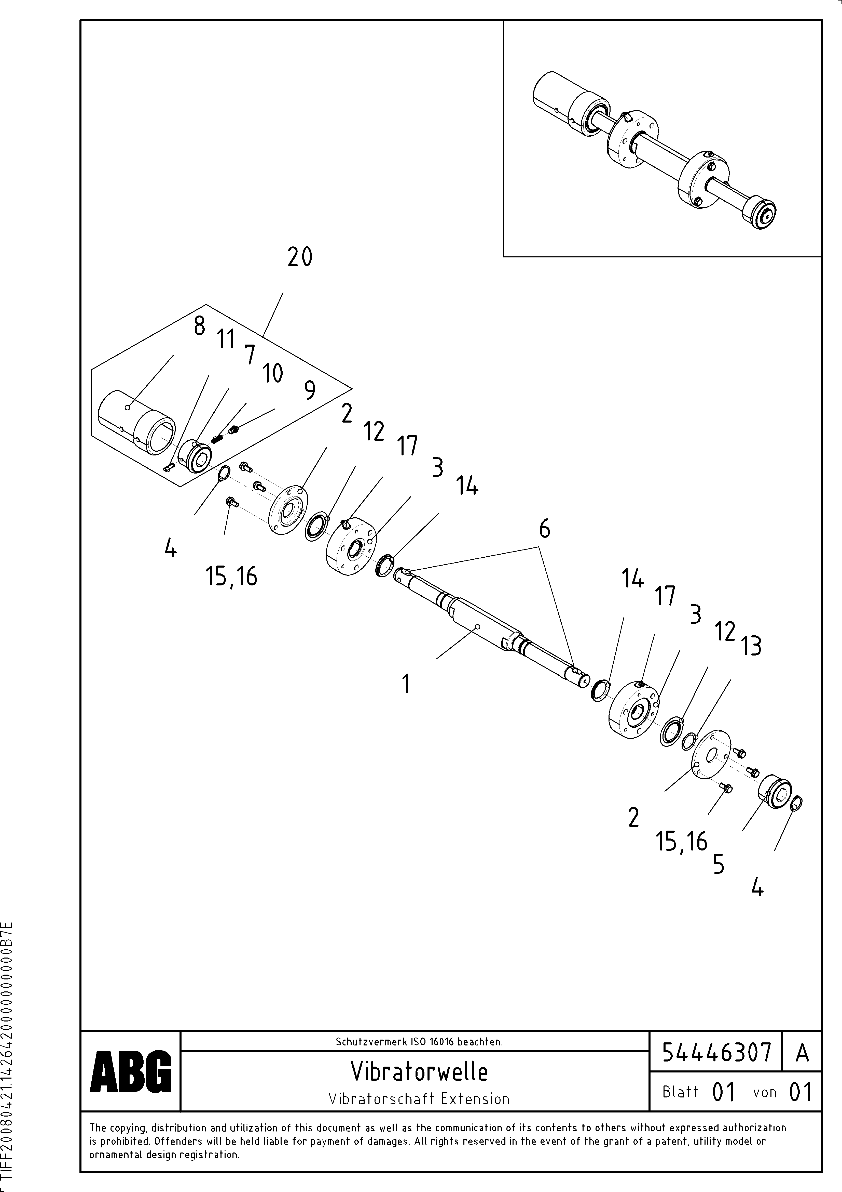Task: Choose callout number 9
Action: click(x=310, y=390)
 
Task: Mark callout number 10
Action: click(x=272, y=373)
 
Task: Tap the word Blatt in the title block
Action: click(x=680, y=1092)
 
